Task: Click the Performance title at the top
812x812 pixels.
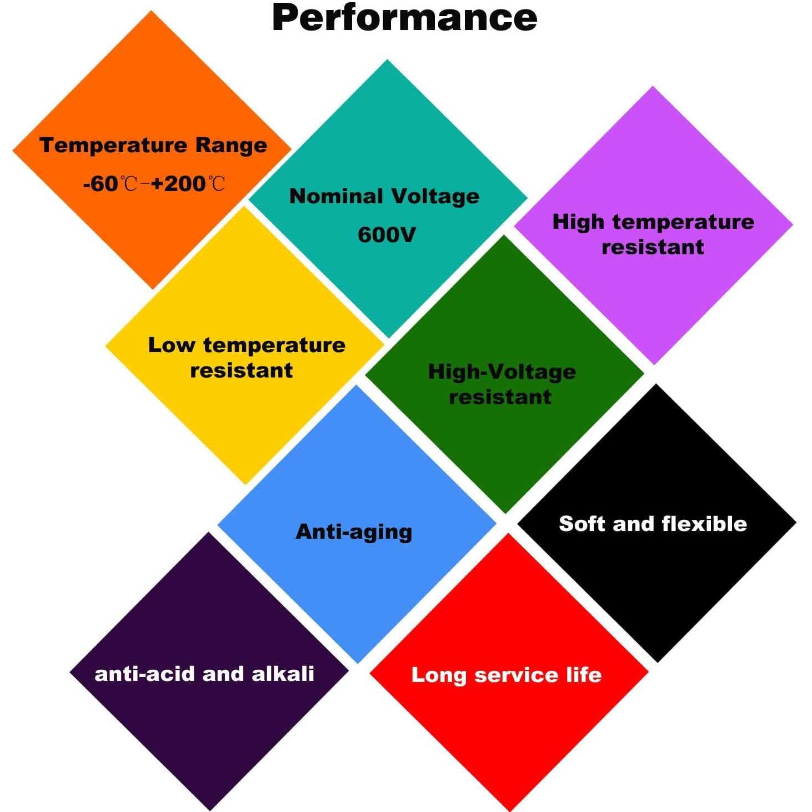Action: pos(404,18)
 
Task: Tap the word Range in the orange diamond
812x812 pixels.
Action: pos(232,146)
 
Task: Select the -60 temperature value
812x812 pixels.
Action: pos(101,184)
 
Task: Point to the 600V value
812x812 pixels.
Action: pos(387,235)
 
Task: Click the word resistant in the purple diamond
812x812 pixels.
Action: pos(653,247)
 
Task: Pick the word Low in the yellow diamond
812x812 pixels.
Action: pos(172,345)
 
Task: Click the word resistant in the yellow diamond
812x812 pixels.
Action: pos(242,371)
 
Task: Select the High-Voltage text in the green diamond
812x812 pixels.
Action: pos(502,372)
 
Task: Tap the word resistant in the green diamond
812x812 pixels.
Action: pos(500,397)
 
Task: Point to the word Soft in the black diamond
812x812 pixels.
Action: pos(583,524)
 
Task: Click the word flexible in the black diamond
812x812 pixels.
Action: pos(705,524)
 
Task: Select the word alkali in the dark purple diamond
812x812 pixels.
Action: pos(283,674)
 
